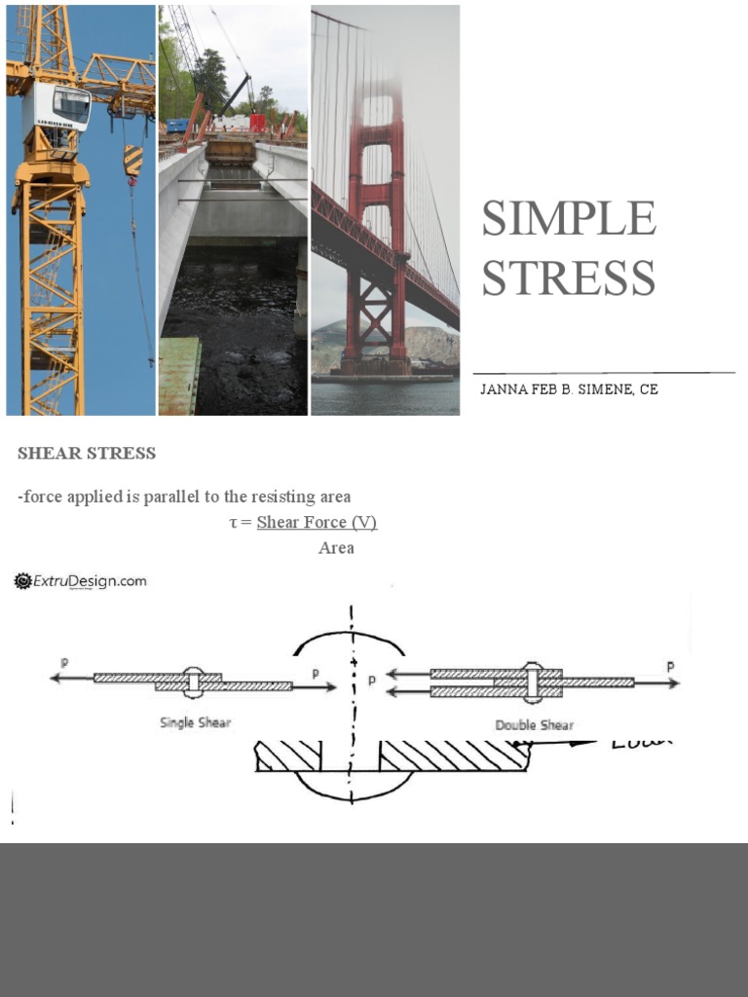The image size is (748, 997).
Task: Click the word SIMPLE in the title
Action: pyautogui.click(x=569, y=218)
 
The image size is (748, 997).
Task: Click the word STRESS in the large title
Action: pyautogui.click(x=569, y=278)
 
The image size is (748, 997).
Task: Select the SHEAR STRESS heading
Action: pyautogui.click(x=87, y=454)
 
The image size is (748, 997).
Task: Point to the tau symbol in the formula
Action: pyautogui.click(x=233, y=523)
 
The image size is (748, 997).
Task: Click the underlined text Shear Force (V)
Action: pyautogui.click(x=317, y=523)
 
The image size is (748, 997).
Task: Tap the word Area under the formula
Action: pyautogui.click(x=336, y=548)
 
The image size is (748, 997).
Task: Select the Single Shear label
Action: pyautogui.click(x=195, y=722)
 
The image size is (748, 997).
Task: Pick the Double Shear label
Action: pyautogui.click(x=534, y=724)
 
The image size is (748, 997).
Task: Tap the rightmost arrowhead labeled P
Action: pyautogui.click(x=674, y=683)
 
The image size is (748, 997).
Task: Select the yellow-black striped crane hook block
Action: pyautogui.click(x=132, y=161)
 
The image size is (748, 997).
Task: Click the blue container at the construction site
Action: pyautogui.click(x=177, y=126)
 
